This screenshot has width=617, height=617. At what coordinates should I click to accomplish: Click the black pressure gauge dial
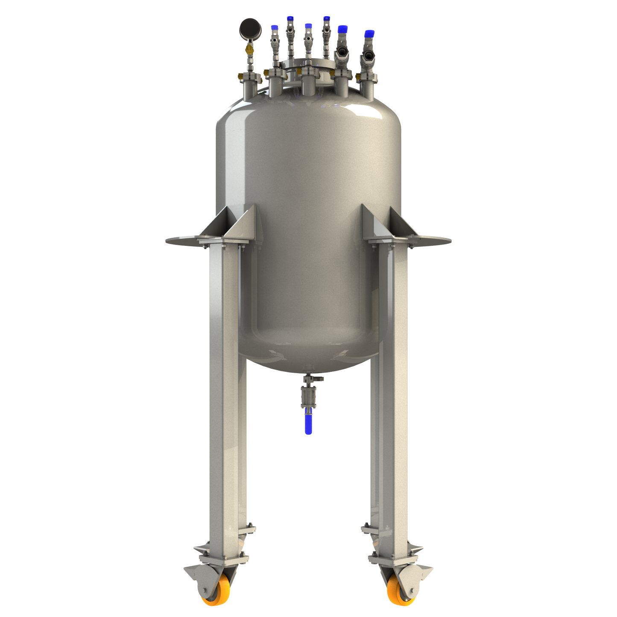tap(250, 29)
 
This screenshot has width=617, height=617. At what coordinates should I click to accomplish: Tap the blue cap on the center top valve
tap(308, 26)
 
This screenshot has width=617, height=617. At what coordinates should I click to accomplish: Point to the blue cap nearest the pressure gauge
tap(275, 28)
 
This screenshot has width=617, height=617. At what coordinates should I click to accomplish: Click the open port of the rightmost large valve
tap(367, 56)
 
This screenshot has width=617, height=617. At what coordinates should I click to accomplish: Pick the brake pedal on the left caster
tap(192, 571)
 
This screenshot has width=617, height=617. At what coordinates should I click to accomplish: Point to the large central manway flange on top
tap(308, 65)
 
